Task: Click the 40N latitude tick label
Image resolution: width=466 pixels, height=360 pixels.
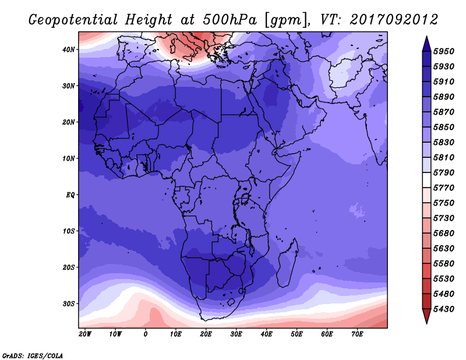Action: [x=68, y=50]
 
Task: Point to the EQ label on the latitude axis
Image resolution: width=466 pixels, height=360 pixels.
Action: [x=70, y=195]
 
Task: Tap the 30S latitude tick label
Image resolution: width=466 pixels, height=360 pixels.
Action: [x=68, y=304]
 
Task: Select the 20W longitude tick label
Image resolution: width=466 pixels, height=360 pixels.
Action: [x=85, y=334]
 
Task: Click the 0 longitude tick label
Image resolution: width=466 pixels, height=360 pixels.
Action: [x=145, y=334]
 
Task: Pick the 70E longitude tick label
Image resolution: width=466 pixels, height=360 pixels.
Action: [x=357, y=334]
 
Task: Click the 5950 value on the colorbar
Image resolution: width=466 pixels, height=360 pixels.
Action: [x=444, y=51]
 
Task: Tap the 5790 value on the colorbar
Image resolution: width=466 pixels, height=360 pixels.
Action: [x=444, y=172]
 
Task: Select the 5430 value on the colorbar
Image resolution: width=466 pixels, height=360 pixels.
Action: [x=444, y=309]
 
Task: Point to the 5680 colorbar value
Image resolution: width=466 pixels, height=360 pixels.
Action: [x=444, y=234]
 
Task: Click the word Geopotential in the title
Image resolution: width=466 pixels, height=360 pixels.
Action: [x=73, y=20]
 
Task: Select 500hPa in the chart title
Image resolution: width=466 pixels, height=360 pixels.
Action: [x=230, y=20]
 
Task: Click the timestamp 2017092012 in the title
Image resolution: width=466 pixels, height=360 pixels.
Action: [x=394, y=20]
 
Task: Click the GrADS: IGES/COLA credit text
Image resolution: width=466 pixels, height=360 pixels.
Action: [x=33, y=356]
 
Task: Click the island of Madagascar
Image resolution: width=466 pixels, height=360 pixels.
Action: [x=288, y=263]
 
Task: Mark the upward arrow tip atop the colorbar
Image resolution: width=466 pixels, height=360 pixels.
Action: [x=426, y=36]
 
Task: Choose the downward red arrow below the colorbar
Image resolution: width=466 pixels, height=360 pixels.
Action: [x=426, y=316]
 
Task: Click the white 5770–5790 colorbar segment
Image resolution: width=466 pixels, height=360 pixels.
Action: [x=426, y=180]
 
